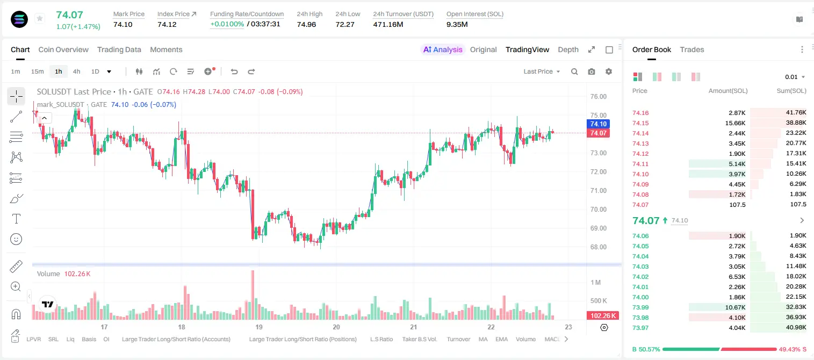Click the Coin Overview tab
click(63, 49)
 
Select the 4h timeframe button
click(76, 71)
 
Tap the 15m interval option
click(38, 71)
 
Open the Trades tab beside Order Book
click(692, 49)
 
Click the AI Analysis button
click(443, 49)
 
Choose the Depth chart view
click(568, 49)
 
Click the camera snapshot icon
click(592, 71)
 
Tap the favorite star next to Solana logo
click(40, 18)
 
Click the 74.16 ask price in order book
click(640, 113)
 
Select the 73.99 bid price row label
click(640, 307)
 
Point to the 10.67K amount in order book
click(735, 307)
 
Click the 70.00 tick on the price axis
click(598, 209)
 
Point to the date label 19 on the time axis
click(259, 327)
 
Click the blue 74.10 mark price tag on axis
click(598, 124)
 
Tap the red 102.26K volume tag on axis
click(603, 316)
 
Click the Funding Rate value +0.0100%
click(227, 24)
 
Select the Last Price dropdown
click(542, 71)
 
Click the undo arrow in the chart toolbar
click(234, 71)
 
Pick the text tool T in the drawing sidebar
click(16, 219)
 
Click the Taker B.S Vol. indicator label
click(419, 339)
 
